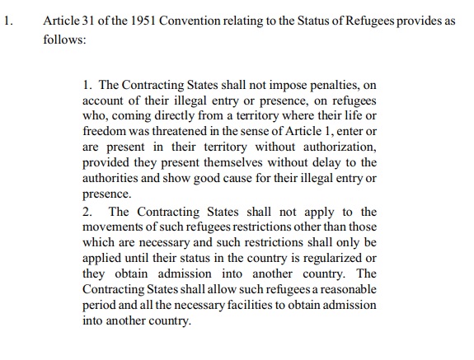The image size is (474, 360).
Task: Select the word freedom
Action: (106, 131)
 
